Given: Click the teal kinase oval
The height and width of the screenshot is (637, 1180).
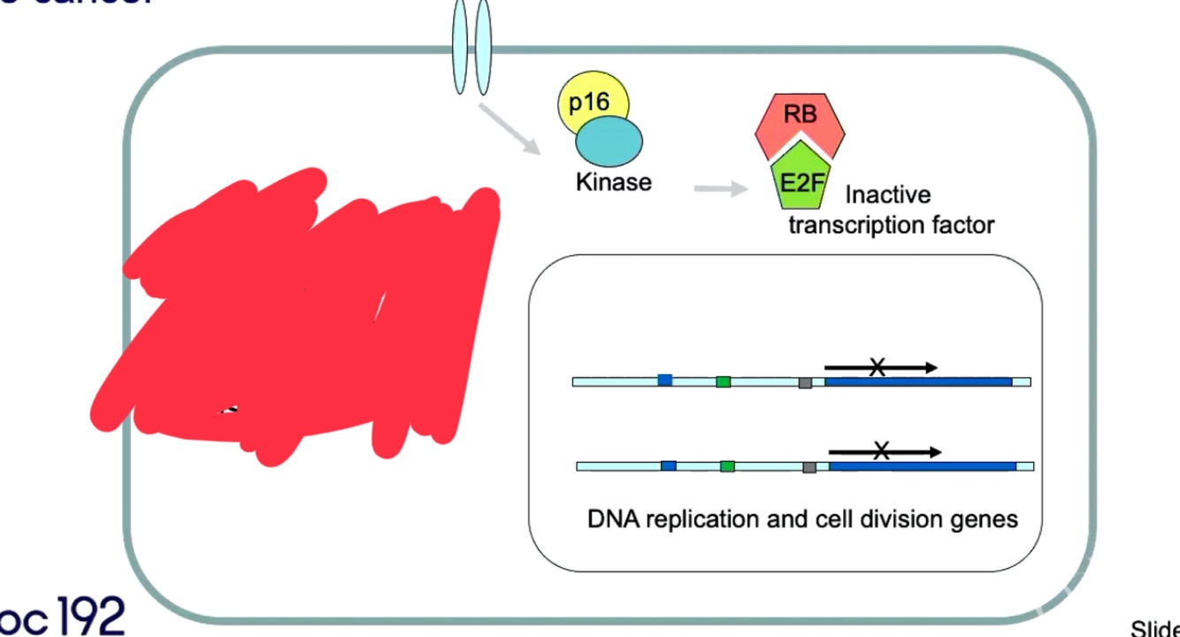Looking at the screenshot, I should click(609, 141).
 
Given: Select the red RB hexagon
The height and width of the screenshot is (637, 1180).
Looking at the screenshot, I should click(800, 117).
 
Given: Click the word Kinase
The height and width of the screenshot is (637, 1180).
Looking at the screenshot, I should click(613, 182).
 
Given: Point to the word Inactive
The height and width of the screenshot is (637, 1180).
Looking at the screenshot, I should click(887, 195).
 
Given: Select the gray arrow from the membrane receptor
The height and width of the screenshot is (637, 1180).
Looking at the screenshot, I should click(509, 129).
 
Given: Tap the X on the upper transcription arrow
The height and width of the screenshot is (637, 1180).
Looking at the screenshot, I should click(877, 367).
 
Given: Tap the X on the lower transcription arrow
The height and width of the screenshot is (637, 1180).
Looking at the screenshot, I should click(881, 451).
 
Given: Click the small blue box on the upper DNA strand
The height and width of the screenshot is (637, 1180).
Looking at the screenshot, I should click(664, 380).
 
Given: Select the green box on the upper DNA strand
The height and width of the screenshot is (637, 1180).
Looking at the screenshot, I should click(723, 381).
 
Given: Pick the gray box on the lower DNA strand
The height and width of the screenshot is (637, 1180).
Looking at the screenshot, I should click(808, 466).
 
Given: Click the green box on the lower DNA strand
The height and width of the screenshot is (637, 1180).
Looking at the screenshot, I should click(727, 466).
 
